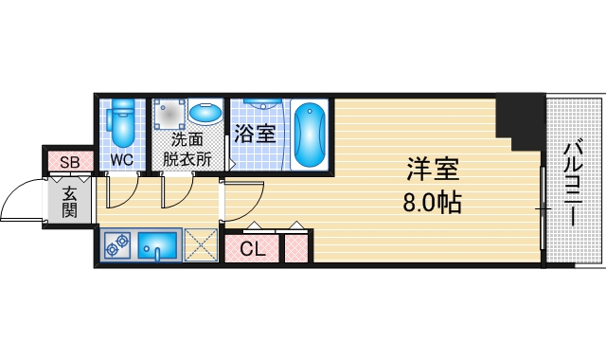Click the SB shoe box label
pyautogui.click(x=70, y=162)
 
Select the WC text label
pyautogui.click(x=121, y=159)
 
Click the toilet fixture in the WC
pyautogui.click(x=121, y=119)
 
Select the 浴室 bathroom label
pyautogui.click(x=255, y=134)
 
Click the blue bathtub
pyautogui.click(x=309, y=133)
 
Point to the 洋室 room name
pyautogui.click(x=434, y=171)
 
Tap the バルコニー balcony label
pyautogui.click(x=572, y=185)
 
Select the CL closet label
pyautogui.click(x=251, y=249)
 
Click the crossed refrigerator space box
pyautogui.click(x=200, y=245)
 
